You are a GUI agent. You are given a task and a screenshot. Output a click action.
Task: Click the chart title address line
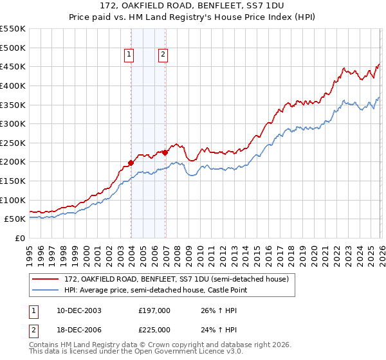[193, 4]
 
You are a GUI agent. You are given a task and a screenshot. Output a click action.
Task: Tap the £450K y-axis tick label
[13, 66]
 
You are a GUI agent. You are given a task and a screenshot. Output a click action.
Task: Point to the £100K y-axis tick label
[13, 200]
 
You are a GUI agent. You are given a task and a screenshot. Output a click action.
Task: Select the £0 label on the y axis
[20, 238]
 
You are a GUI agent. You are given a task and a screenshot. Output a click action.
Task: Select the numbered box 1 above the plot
[130, 55]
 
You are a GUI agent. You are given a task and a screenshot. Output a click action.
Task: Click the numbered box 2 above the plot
[163, 55]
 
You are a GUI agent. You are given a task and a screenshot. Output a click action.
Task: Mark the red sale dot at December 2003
[131, 163]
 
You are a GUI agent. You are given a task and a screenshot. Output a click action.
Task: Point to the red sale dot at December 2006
[165, 152]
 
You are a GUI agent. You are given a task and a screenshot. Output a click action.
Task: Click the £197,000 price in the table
[154, 310]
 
